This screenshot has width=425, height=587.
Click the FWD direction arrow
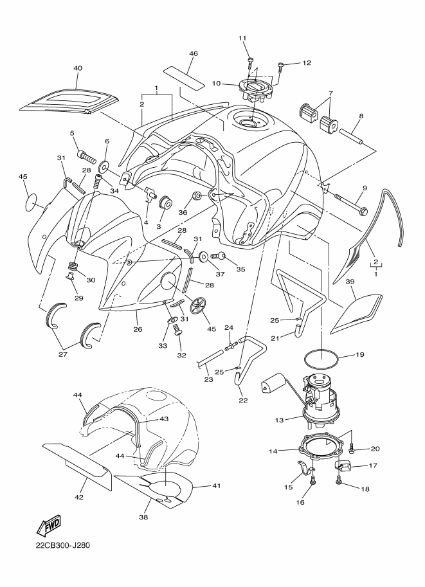click(x=48, y=527)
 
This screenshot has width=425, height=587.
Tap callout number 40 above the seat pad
click(x=78, y=69)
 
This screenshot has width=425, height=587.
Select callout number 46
click(x=194, y=54)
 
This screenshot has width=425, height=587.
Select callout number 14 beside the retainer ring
click(x=273, y=451)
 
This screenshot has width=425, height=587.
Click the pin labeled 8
click(x=352, y=136)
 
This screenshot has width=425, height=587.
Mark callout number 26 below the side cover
click(x=138, y=329)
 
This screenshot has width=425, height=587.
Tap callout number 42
click(x=79, y=497)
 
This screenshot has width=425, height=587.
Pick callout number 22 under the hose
click(x=243, y=400)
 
